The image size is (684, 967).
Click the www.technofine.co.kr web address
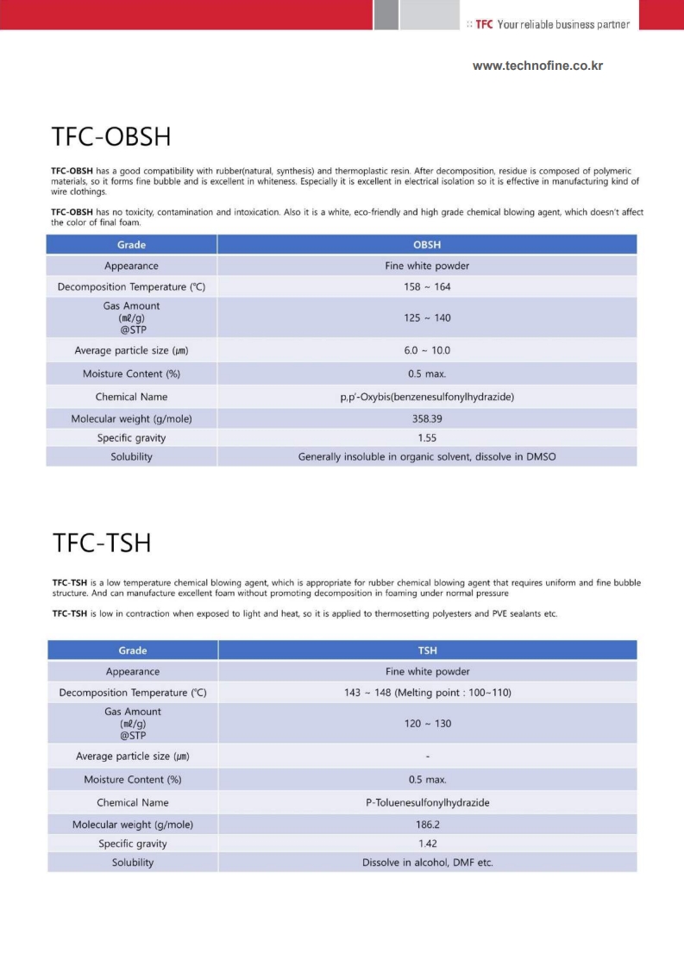[x=537, y=66]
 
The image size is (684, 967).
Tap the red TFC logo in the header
[x=484, y=24]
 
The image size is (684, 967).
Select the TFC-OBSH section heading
[x=111, y=137]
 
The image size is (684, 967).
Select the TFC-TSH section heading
[x=102, y=543]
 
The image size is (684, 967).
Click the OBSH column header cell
[x=427, y=245]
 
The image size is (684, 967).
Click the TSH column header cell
[x=428, y=650]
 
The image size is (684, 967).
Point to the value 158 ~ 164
[x=427, y=286]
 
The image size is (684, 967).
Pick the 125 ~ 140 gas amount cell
[x=427, y=317]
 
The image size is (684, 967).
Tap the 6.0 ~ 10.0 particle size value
[x=427, y=350]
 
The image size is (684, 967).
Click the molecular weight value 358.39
[x=427, y=418]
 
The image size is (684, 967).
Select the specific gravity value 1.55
[x=427, y=437]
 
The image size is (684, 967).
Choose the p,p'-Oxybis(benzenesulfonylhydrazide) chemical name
[x=427, y=397]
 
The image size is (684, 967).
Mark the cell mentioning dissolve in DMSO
[x=427, y=456]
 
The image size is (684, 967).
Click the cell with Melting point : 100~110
[x=428, y=693]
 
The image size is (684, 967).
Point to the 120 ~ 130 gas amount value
[x=428, y=724]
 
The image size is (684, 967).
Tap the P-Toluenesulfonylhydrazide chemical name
[x=428, y=802]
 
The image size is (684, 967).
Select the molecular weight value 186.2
[x=428, y=825]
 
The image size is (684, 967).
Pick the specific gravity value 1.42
[x=428, y=844]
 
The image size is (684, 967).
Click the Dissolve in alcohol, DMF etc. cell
[x=428, y=863]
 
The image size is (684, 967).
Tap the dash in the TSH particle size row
[x=428, y=757]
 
